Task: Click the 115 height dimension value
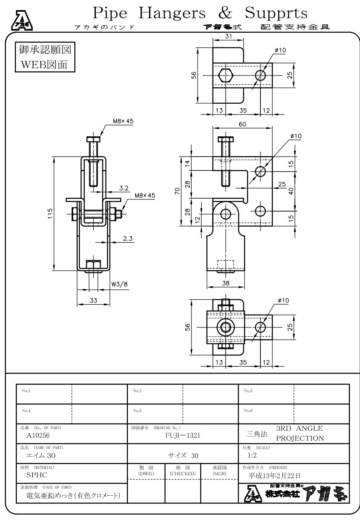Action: coord(50,213)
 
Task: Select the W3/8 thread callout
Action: coord(119,284)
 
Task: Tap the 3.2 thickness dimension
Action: coord(124,188)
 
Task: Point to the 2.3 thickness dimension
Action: coord(128,238)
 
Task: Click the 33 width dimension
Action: coord(93,300)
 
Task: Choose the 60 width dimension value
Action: coord(242,124)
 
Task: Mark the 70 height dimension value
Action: coord(177,191)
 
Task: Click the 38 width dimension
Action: coord(226,283)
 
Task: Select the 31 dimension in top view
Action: coord(229,36)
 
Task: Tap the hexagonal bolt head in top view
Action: coord(226,76)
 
